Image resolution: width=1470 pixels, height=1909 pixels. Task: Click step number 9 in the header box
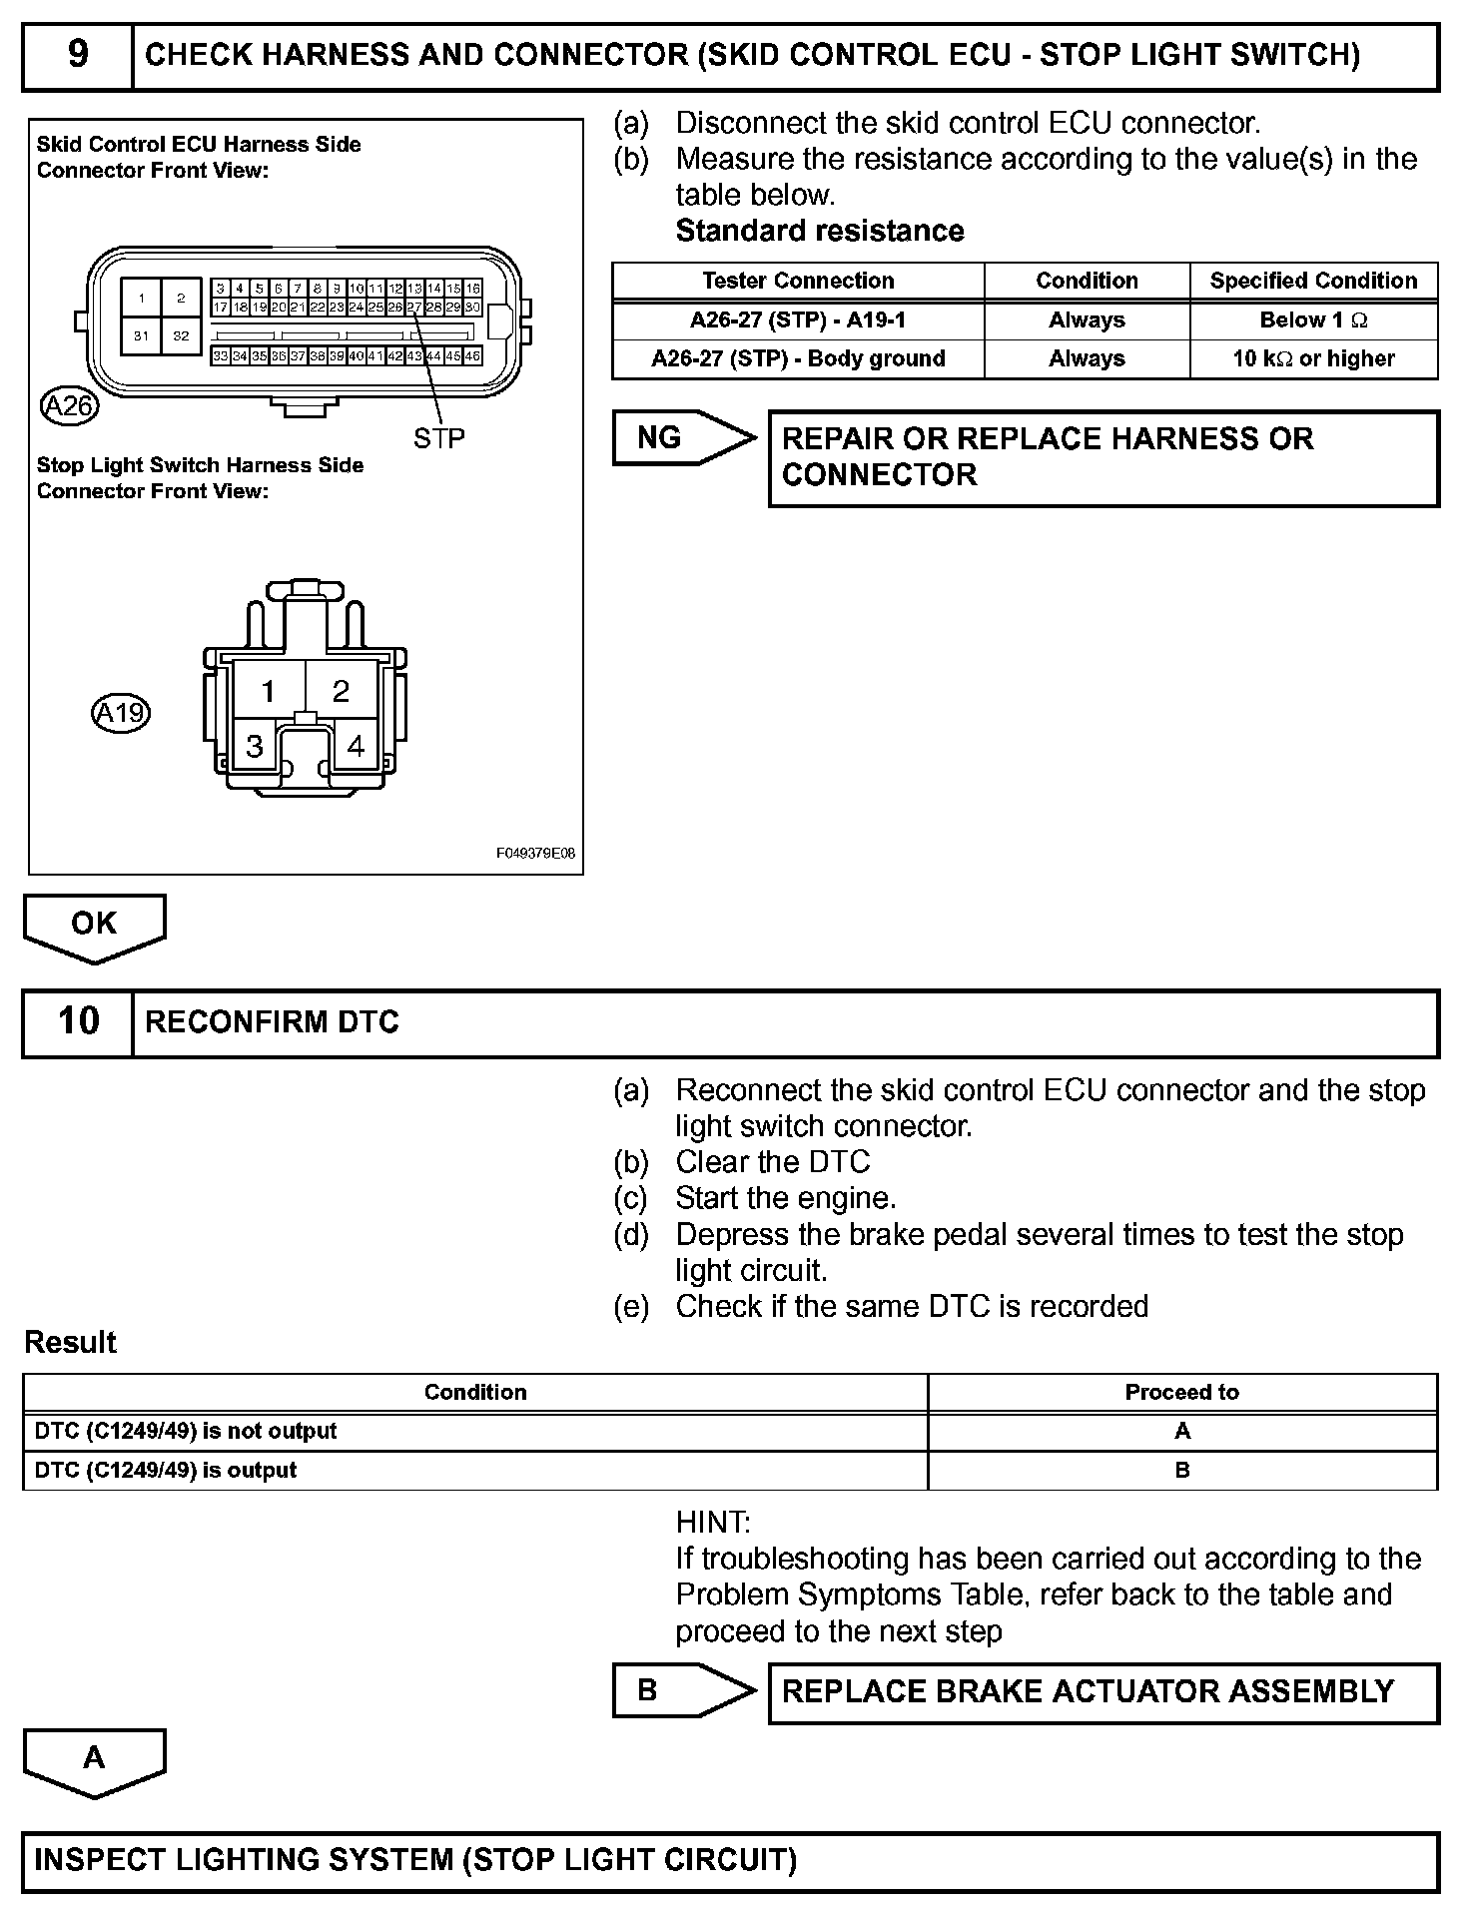77,55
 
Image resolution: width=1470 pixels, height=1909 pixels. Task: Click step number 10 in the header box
78,1021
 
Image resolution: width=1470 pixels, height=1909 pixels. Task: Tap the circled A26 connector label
69,405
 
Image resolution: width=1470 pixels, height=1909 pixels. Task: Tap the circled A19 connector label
120,713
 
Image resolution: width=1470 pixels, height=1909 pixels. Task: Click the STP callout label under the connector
438,437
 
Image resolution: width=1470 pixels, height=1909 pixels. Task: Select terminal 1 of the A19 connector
268,690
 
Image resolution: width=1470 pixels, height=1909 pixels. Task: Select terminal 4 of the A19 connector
356,746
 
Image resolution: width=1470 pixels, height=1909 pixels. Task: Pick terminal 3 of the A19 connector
255,746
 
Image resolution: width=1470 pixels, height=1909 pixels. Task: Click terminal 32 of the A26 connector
181,335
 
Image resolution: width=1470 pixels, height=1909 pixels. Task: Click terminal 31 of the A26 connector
141,335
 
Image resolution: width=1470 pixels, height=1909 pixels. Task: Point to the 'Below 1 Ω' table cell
1313,320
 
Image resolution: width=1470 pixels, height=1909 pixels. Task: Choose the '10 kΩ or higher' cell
1313,358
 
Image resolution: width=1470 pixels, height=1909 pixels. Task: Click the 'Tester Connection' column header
798,281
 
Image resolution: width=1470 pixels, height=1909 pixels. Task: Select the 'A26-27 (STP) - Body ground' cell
798,358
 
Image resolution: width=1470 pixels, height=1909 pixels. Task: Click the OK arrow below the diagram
94,925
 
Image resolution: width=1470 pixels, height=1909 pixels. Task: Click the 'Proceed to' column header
1181,1392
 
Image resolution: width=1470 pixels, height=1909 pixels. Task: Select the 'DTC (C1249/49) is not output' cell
186,1431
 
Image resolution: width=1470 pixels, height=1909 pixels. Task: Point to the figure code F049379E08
535,854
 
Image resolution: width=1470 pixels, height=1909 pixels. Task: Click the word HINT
713,1523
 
